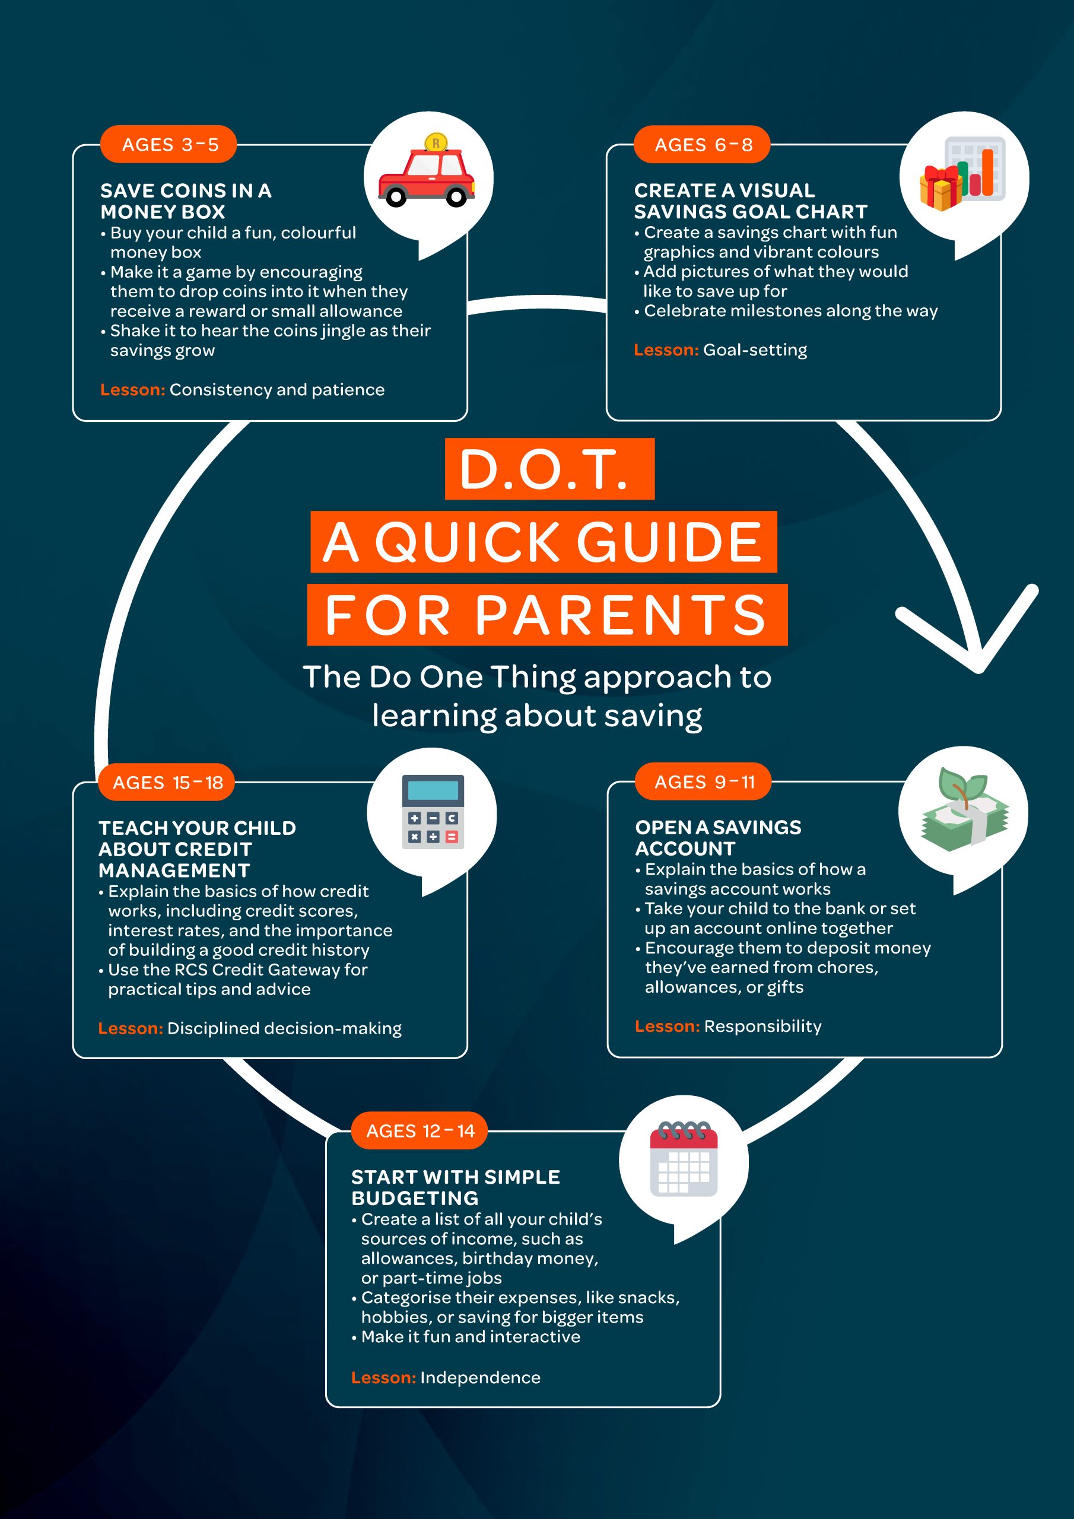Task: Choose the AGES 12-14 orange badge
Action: pos(419,1131)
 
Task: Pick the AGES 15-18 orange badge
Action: pos(167,782)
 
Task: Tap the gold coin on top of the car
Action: pos(436,142)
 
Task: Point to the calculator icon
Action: pos(433,812)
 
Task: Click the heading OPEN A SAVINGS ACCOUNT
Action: pos(718,838)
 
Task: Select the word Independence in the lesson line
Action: pos(481,1377)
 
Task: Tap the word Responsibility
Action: pos(763,1026)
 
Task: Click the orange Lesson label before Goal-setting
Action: pos(666,350)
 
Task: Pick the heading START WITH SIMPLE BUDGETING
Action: pos(455,1187)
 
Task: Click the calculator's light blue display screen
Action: pos(433,790)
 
